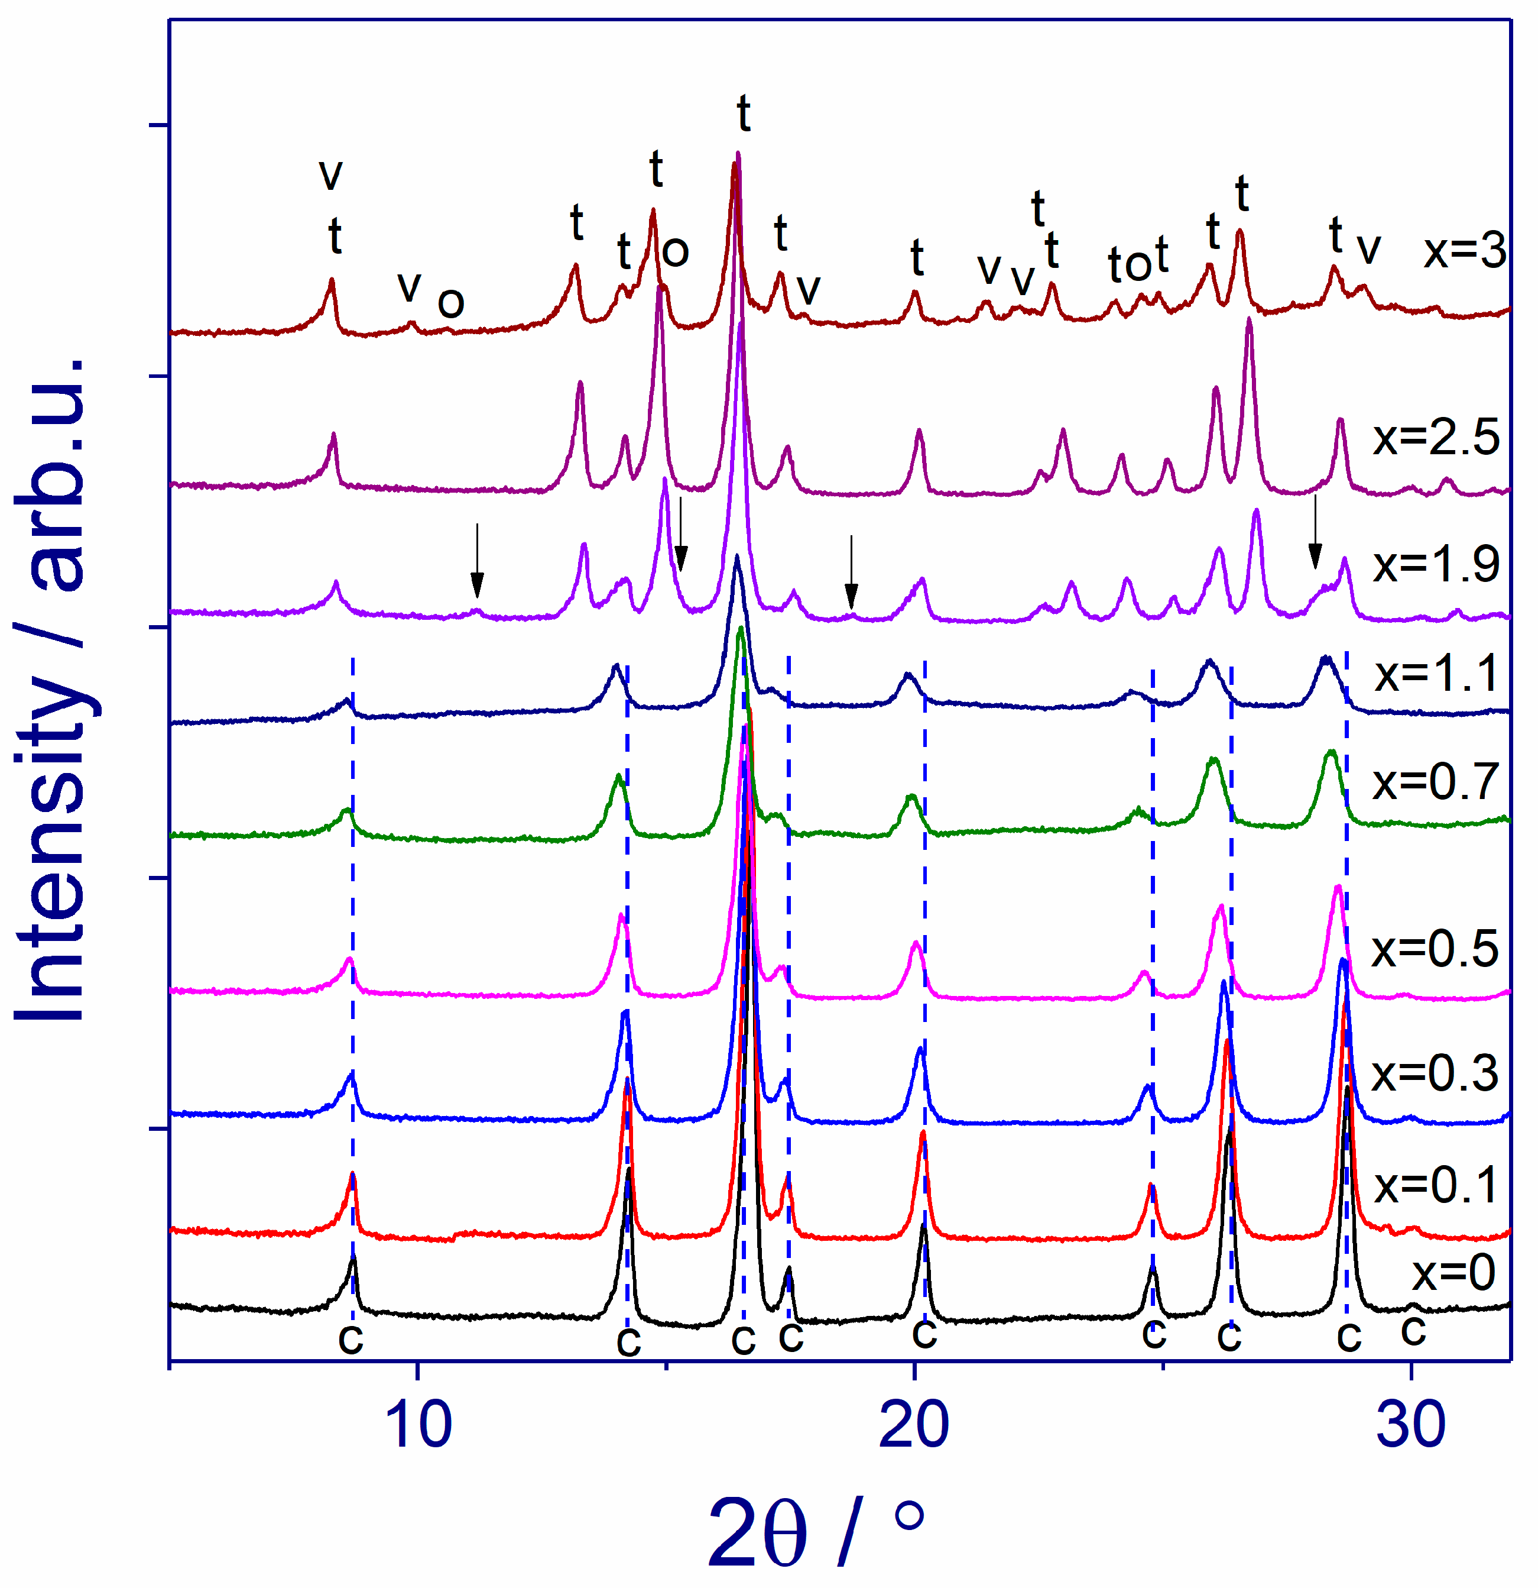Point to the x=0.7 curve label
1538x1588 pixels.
click(x=1435, y=782)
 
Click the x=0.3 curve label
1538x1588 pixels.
click(x=1435, y=1073)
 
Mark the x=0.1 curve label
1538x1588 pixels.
click(x=1436, y=1186)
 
